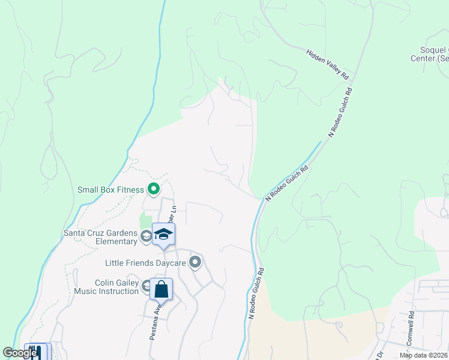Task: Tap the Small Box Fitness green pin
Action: (154, 190)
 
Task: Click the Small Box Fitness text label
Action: (110, 190)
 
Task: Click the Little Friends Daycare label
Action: (145, 263)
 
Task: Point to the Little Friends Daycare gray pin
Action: (195, 262)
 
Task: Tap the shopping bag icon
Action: (161, 290)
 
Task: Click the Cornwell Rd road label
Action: (411, 323)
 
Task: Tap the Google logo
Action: (19, 353)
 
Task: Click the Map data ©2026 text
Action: (424, 355)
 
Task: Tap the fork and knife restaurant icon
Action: (37, 352)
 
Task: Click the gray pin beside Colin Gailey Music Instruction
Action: (146, 286)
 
